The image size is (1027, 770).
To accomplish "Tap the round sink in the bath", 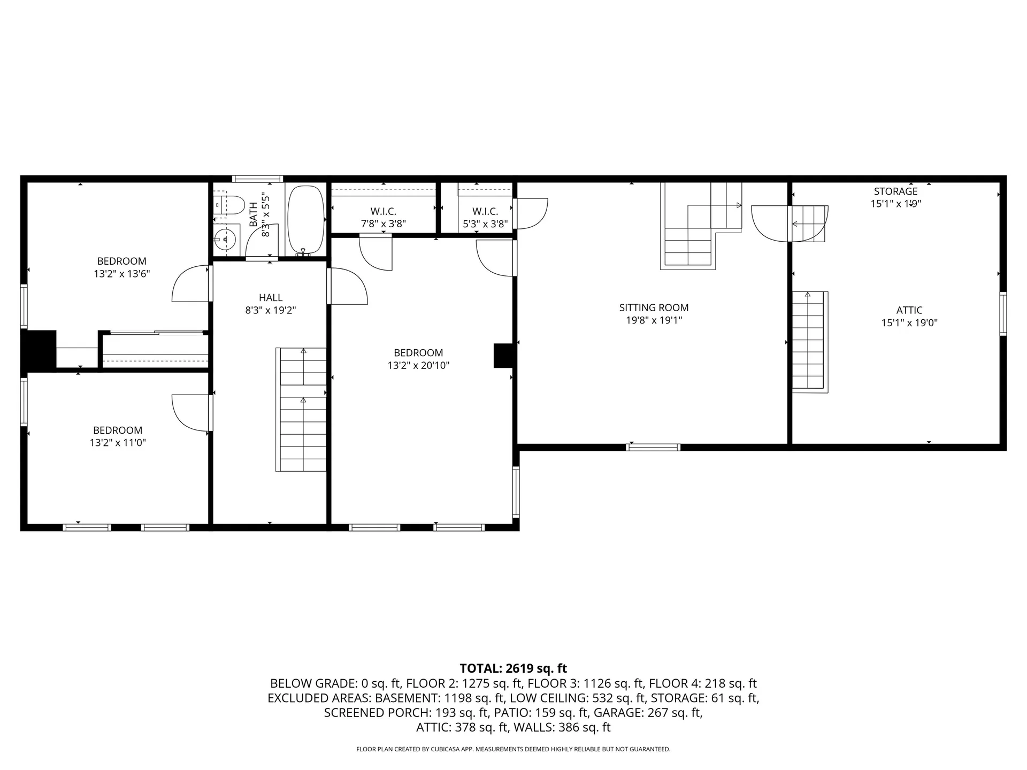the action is pos(226,238).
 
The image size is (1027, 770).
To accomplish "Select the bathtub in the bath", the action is pos(306,220).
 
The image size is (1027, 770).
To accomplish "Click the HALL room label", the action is pos(271,297).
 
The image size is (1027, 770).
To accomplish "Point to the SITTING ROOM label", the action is pos(654,307).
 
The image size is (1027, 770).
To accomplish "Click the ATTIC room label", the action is pos(909,310).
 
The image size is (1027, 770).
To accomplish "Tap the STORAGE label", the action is pos(895,191).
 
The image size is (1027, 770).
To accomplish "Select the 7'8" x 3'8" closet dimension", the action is pos(383,224).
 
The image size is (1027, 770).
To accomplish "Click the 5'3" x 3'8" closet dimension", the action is pos(485,224).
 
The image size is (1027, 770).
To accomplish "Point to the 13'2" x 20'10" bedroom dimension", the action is pos(419,366).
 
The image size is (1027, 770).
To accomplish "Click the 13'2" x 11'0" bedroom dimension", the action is pos(118,443).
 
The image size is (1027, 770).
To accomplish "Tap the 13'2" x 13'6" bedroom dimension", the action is pos(121,274).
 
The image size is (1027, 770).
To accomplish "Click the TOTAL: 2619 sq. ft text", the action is pos(513,668).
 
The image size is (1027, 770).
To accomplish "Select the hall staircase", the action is pos(301,410).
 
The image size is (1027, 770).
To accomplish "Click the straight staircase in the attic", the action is pos(809,342).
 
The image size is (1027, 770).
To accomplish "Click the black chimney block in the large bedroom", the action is pos(503,356).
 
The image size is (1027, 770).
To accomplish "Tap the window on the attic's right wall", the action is pos(1003,314).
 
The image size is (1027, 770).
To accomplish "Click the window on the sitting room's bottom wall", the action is pos(653,447).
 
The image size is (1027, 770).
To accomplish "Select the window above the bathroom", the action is pos(257,179).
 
